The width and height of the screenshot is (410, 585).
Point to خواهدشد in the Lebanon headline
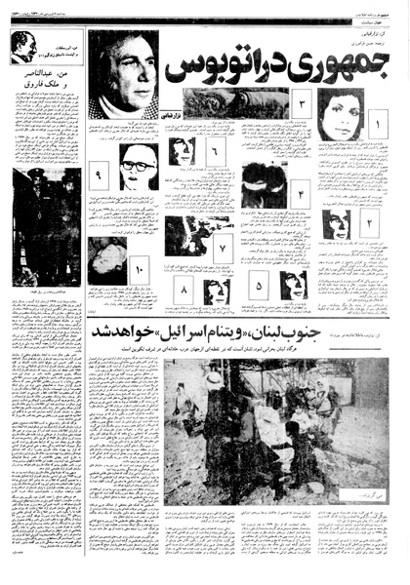click(128, 332)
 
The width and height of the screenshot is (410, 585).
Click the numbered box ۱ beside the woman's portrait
click(378, 126)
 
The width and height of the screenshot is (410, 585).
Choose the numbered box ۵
click(260, 288)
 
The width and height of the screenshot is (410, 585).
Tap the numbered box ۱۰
click(138, 263)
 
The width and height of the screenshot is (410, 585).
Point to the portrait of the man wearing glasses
click(138, 167)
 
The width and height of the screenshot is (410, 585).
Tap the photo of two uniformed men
click(46, 227)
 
